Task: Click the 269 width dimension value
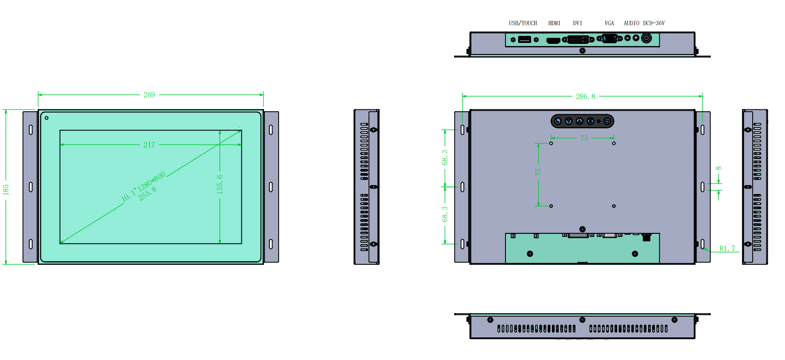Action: [149, 95]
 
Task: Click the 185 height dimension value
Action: [6, 190]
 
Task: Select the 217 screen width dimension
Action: [149, 145]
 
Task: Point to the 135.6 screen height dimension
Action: [220, 184]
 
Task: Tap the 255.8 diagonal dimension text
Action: [148, 194]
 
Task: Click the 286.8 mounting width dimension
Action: [585, 97]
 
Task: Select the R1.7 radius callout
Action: [727, 249]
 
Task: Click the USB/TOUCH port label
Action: [523, 23]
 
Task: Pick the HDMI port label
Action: [554, 23]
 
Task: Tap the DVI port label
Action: [578, 23]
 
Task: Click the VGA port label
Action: [609, 23]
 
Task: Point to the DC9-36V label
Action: [654, 23]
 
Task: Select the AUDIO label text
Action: [631, 23]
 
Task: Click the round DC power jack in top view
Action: [646, 38]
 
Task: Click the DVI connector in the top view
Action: [578, 40]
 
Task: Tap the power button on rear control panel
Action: [607, 121]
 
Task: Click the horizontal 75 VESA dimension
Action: [584, 138]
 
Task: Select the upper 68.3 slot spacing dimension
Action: [445, 158]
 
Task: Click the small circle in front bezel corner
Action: [47, 118]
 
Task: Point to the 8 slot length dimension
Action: [719, 168]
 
